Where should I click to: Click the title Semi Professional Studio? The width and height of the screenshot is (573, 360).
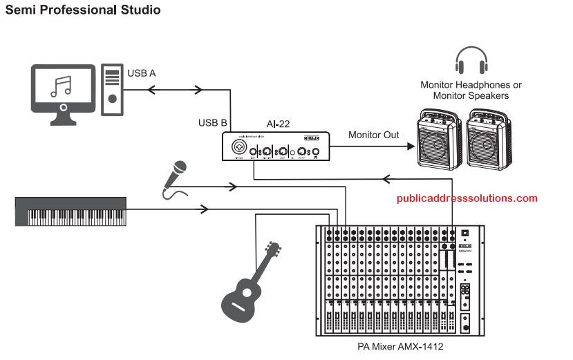coord(83,10)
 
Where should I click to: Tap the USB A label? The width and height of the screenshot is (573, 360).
coord(142,71)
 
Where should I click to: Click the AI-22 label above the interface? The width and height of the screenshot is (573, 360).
coord(278,124)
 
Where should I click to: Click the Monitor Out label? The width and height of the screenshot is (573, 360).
coord(374,135)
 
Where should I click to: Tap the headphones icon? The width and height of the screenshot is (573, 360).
coord(471,61)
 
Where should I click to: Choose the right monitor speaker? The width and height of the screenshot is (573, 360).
coord(489,140)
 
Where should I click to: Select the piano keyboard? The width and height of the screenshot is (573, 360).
coord(71,211)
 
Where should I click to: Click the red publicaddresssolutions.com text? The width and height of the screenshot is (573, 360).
coord(467,198)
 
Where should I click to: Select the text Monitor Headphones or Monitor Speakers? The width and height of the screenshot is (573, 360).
coord(471,90)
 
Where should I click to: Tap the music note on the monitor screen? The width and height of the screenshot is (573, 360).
coord(62,86)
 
